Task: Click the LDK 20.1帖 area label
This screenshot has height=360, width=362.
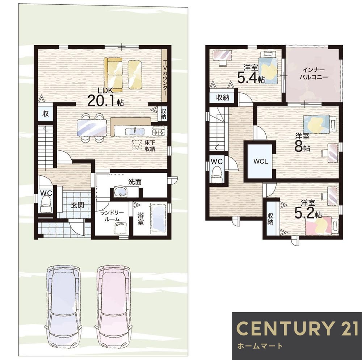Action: pos(106,97)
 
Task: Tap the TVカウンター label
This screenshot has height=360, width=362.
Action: pos(165,78)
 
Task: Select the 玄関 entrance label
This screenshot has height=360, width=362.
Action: pos(77,205)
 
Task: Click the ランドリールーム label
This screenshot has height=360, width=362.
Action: pos(112,216)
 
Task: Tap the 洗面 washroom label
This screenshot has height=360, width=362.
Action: pos(135,182)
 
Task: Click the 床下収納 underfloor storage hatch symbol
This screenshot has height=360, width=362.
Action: pos(137,146)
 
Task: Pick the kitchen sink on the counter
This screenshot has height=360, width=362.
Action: pos(135,131)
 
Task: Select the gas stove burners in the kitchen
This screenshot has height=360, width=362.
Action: pos(159,132)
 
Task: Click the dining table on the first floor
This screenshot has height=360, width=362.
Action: pos(92,128)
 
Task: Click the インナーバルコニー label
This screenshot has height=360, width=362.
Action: pos(313,74)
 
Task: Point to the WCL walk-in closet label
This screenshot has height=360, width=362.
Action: pos(261,162)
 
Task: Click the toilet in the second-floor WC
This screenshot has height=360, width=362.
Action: pos(217,173)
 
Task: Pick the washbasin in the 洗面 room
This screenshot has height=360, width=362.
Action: pos(120,192)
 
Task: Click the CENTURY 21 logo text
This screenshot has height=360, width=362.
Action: pos(297,328)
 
